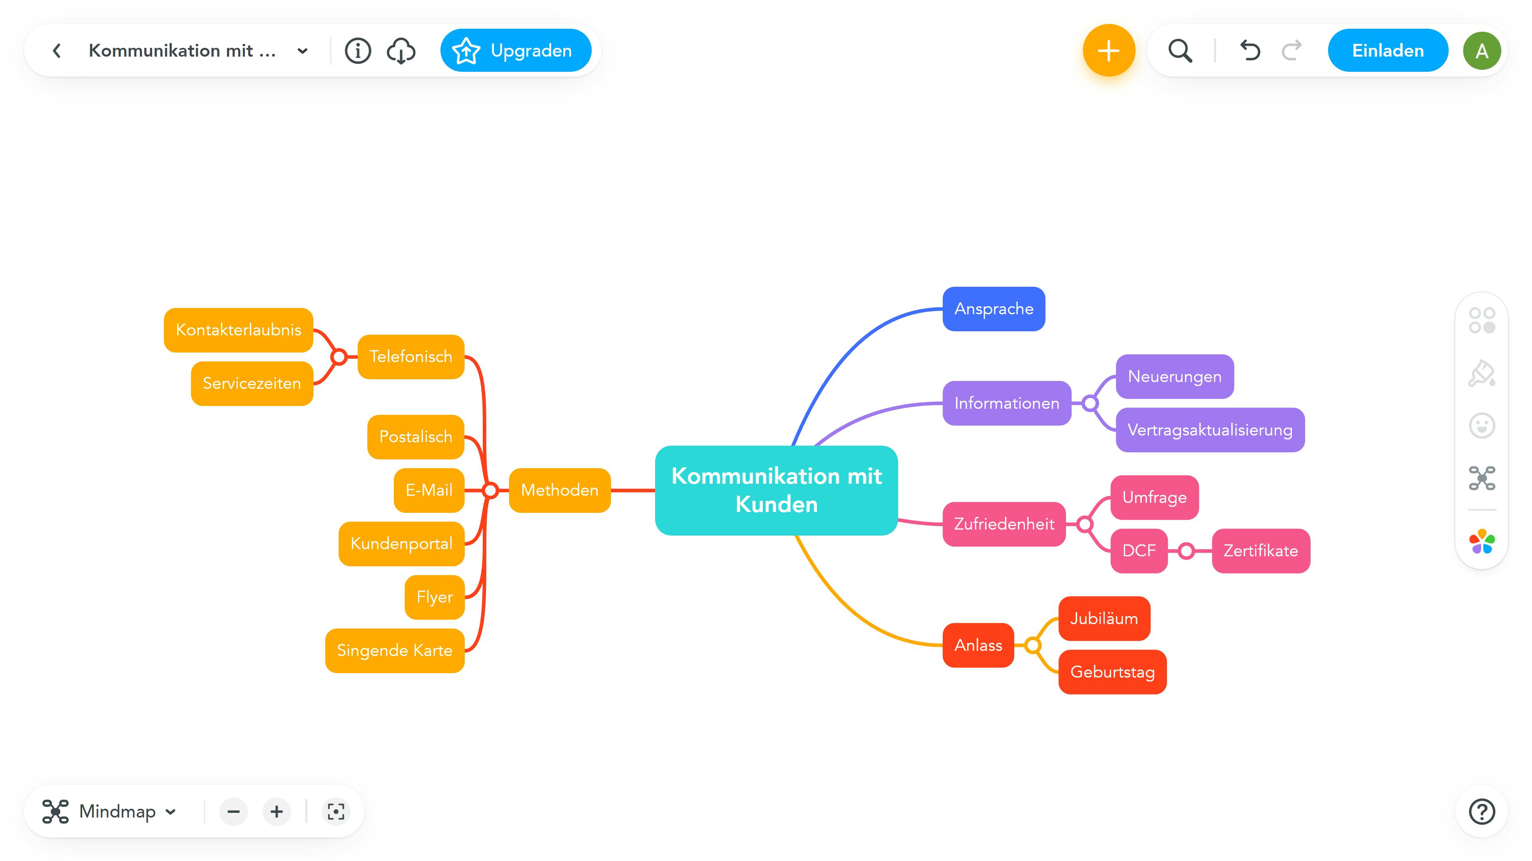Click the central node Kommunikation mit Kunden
[776, 490]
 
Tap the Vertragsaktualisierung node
[1210, 430]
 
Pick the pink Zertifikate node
[1260, 551]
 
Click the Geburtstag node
[1112, 672]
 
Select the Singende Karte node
[394, 650]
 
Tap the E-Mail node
[429, 490]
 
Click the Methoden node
[559, 490]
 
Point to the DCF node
[1138, 551]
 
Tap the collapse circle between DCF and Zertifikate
[1186, 551]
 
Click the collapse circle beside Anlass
[1033, 645]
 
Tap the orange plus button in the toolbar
[1109, 51]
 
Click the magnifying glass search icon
[1180, 51]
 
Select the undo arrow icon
[1250, 51]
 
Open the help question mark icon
[1481, 812]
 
